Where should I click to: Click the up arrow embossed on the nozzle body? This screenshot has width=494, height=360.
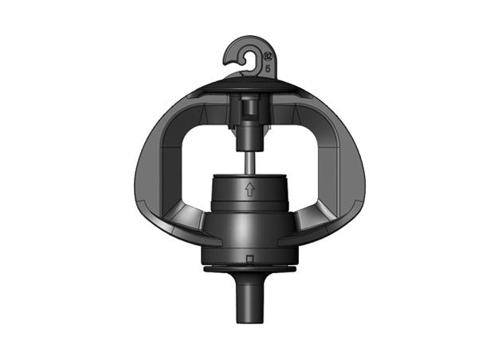coord(249,190)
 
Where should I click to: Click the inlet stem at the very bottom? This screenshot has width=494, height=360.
coord(248,307)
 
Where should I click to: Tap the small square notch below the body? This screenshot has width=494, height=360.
coord(249,260)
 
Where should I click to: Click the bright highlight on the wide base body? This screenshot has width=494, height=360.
coord(239,231)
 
